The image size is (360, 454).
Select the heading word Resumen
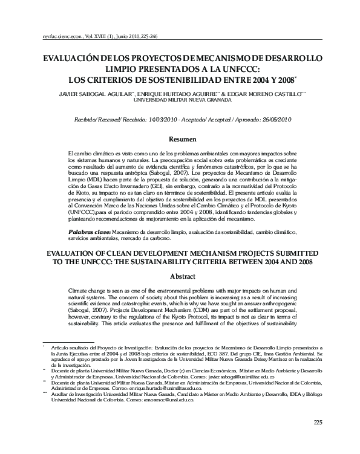tap(180, 138)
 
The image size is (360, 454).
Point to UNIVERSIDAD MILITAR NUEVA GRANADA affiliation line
tap(180, 102)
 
